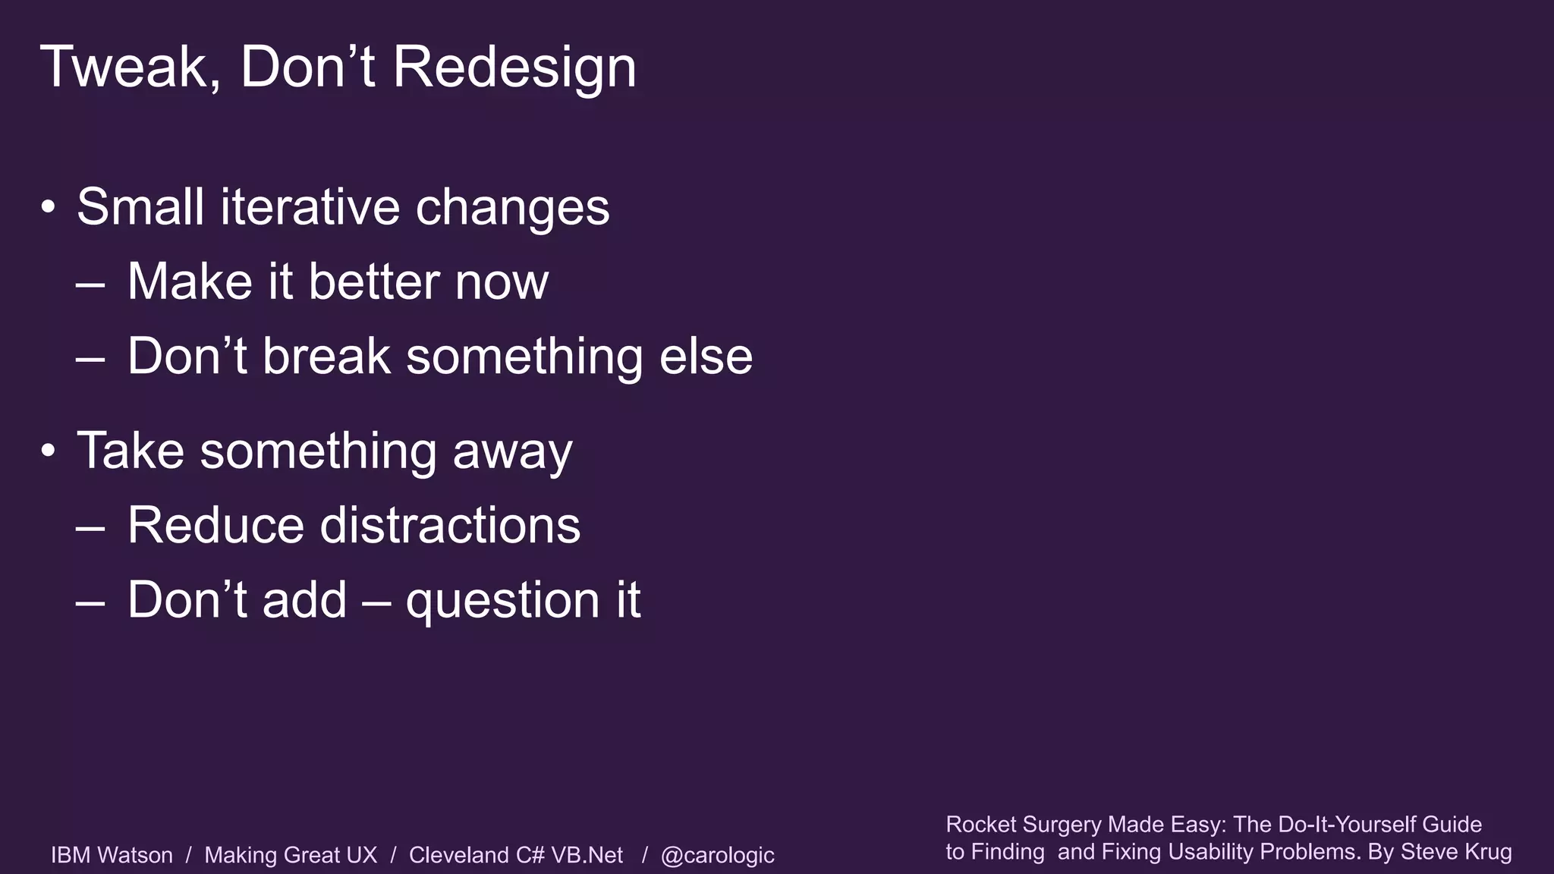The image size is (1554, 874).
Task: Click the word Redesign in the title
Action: (x=514, y=68)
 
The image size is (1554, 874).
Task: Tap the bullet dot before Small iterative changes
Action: (x=49, y=207)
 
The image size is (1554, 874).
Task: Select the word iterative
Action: (x=310, y=206)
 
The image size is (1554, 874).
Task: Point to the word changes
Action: (x=512, y=208)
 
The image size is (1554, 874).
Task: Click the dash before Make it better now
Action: (x=90, y=284)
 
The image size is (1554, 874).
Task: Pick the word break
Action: (x=326, y=356)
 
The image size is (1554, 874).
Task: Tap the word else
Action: (x=705, y=356)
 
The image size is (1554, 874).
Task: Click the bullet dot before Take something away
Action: (x=49, y=451)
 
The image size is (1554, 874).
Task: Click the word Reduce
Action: (x=215, y=525)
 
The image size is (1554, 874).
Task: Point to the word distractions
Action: (x=450, y=525)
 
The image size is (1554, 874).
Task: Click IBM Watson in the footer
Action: (x=112, y=855)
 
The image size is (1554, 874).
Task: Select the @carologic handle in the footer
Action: (x=717, y=855)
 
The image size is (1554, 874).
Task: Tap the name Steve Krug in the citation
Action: (x=1456, y=851)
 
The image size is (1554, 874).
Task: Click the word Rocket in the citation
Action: (x=980, y=824)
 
